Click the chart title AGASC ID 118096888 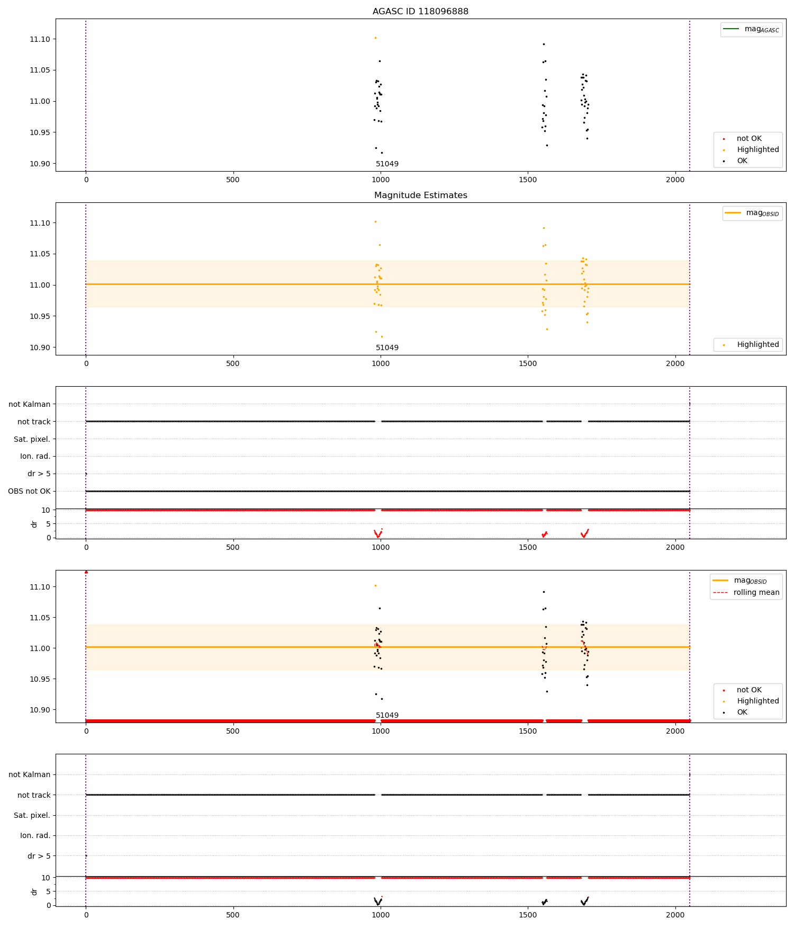point(420,11)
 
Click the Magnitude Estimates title point(420,195)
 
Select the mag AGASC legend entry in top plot point(751,29)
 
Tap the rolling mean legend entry point(746,592)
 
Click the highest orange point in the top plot point(375,38)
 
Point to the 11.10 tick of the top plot point(40,39)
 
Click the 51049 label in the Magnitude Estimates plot point(387,347)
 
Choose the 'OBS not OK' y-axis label point(29,491)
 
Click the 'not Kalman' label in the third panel point(30,404)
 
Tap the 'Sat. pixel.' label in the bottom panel point(32,815)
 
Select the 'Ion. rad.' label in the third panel point(35,456)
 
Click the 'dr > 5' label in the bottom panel point(39,855)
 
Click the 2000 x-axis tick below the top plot point(675,180)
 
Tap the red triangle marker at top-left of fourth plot point(86,572)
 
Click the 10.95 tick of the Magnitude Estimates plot point(40,316)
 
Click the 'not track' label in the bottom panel point(34,795)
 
